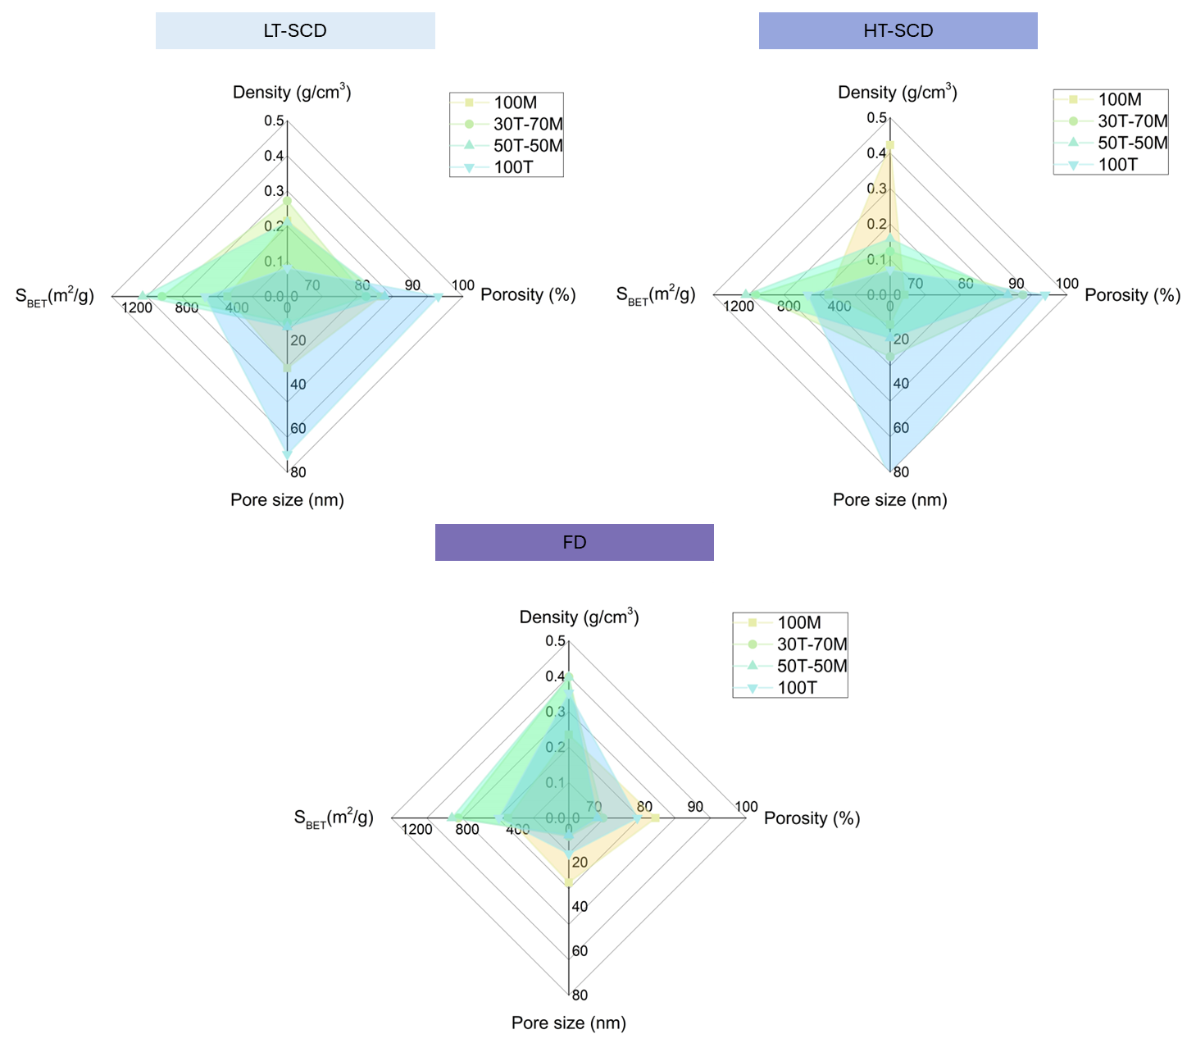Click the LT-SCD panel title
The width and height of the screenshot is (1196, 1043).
[x=295, y=31]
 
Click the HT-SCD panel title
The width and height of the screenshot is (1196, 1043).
[x=898, y=31]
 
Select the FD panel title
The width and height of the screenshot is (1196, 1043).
[x=574, y=543]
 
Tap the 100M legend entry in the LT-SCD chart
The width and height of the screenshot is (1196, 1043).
[x=515, y=102]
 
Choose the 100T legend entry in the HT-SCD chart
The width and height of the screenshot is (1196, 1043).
[x=1117, y=165]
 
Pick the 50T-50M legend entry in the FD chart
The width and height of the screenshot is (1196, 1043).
[x=812, y=666]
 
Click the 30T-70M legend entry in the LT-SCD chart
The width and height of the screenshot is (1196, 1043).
[x=528, y=125]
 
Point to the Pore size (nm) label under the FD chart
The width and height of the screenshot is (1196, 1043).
[x=568, y=1023]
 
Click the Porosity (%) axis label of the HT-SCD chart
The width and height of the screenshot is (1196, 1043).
[x=1132, y=295]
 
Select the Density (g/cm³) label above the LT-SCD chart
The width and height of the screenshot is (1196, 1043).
[x=292, y=92]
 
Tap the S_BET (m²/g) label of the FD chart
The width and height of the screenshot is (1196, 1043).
[x=334, y=818]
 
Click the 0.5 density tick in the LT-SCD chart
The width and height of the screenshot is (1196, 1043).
[x=274, y=121]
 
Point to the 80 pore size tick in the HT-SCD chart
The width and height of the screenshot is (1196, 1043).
[x=901, y=472]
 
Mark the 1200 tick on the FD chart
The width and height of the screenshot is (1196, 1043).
[x=416, y=830]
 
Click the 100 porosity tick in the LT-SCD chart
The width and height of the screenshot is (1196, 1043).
[x=462, y=285]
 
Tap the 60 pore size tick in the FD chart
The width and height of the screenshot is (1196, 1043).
[x=580, y=951]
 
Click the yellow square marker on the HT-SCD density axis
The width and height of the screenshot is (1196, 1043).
[x=890, y=145]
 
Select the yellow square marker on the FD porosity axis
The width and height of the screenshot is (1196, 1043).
[x=655, y=818]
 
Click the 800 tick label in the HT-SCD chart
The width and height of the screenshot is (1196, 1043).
[x=789, y=307]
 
